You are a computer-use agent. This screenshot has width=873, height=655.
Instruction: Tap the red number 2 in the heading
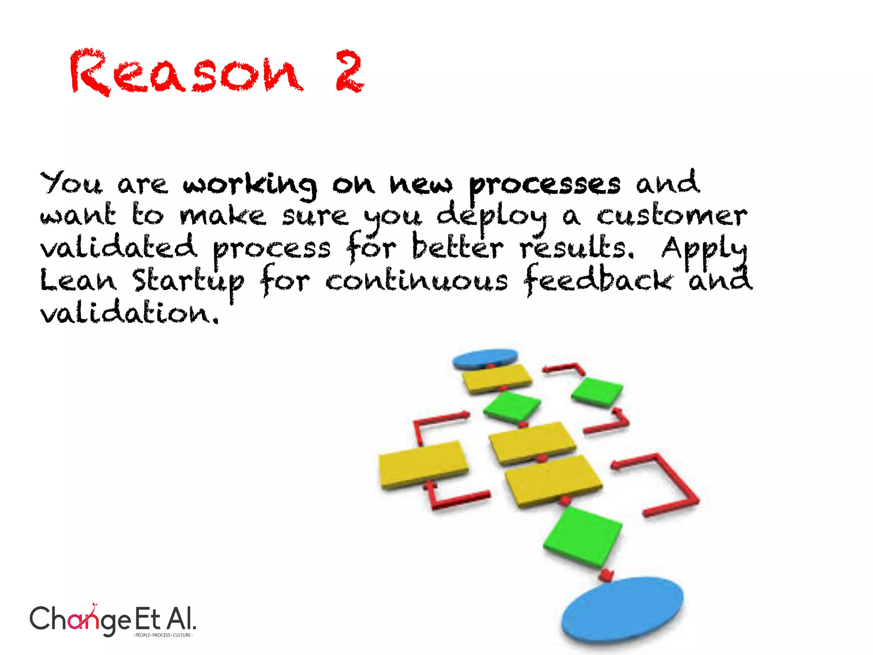(x=350, y=71)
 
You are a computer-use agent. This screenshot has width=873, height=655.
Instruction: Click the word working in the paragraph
(x=250, y=186)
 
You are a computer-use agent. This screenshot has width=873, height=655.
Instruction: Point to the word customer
(x=671, y=216)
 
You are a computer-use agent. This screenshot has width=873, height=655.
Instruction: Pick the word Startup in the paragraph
(x=188, y=281)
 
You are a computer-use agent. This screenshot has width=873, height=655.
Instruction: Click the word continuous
(x=416, y=281)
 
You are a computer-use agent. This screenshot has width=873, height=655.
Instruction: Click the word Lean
(x=78, y=281)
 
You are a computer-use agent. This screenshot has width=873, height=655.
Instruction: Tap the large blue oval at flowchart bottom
(x=622, y=609)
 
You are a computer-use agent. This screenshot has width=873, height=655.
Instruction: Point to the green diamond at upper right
(x=597, y=391)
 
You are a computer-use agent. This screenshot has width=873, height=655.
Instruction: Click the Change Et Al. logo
(x=113, y=619)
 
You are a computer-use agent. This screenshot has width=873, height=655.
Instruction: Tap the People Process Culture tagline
(x=163, y=635)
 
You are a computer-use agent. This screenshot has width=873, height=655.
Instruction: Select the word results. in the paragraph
(x=577, y=248)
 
